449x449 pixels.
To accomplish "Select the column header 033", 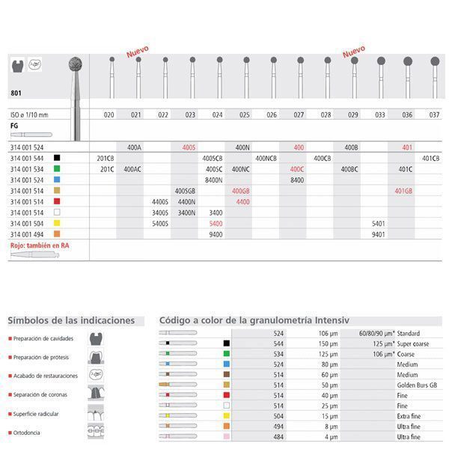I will tap(379, 114).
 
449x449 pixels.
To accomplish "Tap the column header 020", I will tap(109, 114).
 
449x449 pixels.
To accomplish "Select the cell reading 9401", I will tap(379, 234).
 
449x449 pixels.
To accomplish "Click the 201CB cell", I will tap(106, 159).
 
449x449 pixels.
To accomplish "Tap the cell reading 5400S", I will tap(160, 224).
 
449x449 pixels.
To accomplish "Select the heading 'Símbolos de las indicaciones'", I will tap(71, 320).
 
